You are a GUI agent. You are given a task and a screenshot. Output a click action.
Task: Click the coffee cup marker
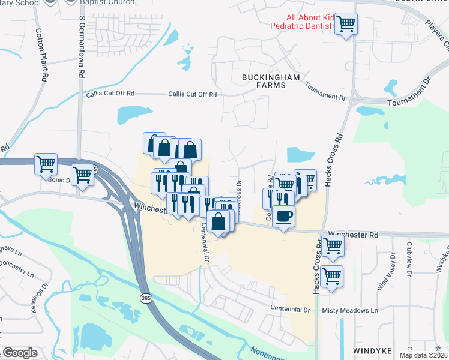pos(283,215)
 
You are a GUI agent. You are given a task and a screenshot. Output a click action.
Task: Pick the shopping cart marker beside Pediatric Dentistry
pos(346,25)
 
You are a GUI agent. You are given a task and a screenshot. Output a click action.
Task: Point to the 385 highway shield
pos(146,297)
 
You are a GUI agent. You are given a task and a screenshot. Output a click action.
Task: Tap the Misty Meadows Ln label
pos(350,310)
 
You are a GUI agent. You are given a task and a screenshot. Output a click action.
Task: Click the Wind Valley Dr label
pos(387,273)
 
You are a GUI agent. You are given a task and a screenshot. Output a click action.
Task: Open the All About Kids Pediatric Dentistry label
pos(310,22)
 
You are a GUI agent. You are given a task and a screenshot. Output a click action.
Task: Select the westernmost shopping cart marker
pos(46,163)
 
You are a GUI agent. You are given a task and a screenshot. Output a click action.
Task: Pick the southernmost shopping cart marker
pos(331,277)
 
